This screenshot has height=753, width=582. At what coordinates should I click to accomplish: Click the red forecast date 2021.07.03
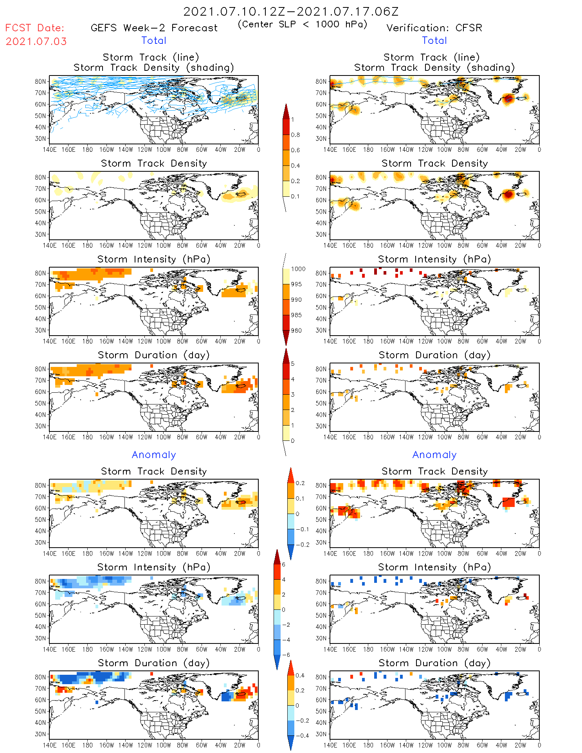36,41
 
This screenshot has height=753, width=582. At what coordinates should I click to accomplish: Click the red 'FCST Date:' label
34,28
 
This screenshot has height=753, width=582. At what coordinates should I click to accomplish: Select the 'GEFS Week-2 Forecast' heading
154,28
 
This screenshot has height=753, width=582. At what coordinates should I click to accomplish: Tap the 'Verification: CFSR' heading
434,28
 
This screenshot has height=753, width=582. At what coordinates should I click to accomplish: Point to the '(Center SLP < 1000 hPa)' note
303,24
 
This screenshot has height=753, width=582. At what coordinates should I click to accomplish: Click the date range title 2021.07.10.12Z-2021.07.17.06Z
291,12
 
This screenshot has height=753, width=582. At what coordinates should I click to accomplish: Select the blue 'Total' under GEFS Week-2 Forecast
154,41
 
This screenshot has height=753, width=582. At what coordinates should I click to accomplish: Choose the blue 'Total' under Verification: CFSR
434,41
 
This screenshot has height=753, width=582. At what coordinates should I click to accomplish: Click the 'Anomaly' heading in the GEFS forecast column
154,455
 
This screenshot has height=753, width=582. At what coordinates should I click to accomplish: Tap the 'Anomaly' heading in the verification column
434,455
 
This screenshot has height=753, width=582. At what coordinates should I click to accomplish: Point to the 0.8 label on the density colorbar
296,135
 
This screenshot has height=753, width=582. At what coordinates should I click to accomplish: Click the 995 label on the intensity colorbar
296,284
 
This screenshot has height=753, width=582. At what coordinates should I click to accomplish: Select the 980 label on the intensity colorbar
296,331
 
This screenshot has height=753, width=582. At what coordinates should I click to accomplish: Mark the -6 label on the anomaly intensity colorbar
286,655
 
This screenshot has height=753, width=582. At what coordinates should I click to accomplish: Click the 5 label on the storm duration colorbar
293,364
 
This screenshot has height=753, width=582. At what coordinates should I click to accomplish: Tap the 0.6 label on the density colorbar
296,150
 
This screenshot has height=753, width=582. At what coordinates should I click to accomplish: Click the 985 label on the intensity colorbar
296,315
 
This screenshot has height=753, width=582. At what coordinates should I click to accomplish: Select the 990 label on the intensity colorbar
296,300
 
